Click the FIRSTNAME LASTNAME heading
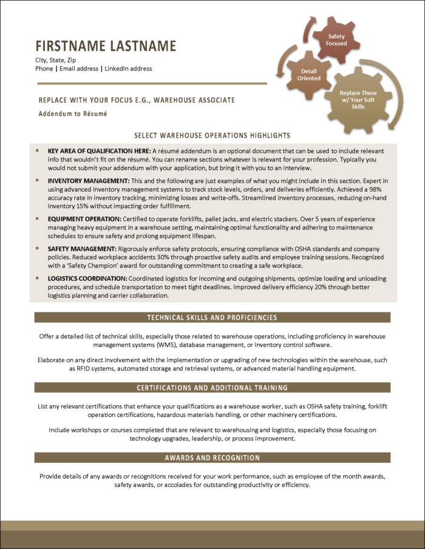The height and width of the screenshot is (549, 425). [x=106, y=46]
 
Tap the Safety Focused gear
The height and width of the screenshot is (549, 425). [x=336, y=40]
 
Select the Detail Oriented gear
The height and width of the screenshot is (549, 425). [x=308, y=75]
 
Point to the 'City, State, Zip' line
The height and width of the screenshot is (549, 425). [x=55, y=60]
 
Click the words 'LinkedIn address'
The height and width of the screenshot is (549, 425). [x=128, y=69]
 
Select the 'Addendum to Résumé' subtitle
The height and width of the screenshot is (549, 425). [x=72, y=113]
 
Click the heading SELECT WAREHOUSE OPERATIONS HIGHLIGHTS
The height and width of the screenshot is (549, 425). [x=212, y=135]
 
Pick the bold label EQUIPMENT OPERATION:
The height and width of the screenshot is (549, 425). [x=84, y=218]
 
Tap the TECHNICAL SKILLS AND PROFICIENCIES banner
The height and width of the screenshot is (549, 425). [x=212, y=317]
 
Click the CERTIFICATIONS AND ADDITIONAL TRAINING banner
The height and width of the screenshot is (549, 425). [x=212, y=387]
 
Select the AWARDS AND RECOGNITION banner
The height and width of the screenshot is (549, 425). [x=212, y=457]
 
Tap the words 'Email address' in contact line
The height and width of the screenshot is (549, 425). [x=79, y=69]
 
